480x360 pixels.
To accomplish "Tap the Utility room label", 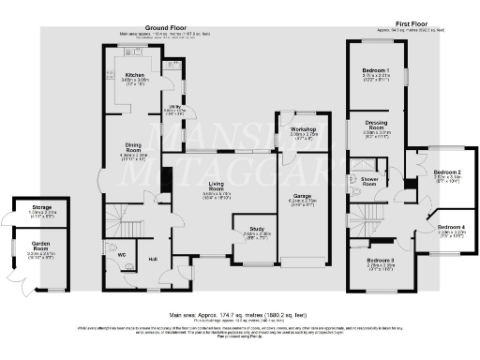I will [x=175, y=110].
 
